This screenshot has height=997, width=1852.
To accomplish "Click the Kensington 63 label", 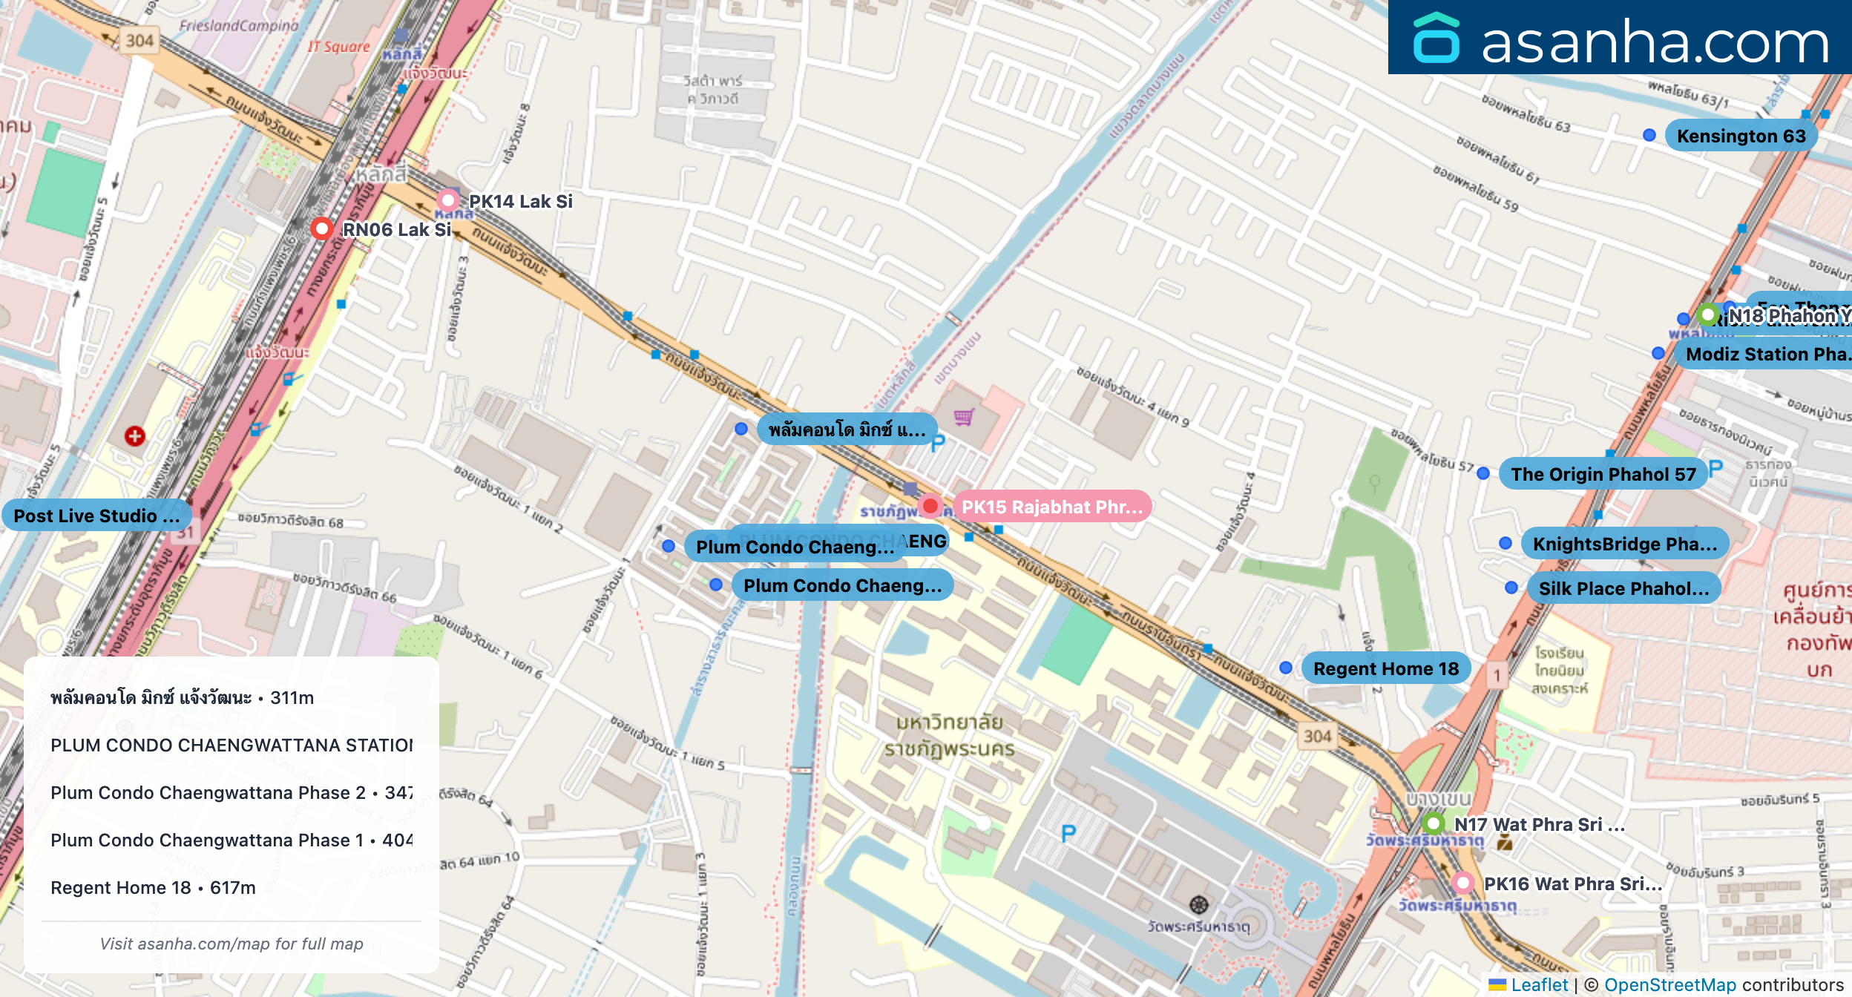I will [x=1740, y=136].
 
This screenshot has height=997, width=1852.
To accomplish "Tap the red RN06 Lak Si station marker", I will [x=321, y=228].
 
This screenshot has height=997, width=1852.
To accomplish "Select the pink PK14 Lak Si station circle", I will [x=448, y=200].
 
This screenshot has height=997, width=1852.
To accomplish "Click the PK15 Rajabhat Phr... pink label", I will [x=1051, y=507].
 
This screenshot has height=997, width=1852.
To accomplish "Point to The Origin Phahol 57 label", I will [x=1603, y=474].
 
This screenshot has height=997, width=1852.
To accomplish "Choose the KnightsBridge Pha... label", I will [x=1624, y=544].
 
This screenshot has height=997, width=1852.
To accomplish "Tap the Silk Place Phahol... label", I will [x=1623, y=588].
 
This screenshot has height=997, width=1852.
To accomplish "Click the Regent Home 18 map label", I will [x=1385, y=668].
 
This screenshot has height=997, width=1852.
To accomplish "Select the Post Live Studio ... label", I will [x=96, y=516].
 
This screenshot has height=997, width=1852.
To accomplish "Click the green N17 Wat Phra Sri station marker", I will [x=1434, y=823].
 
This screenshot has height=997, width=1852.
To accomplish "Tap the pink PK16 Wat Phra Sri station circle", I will [x=1462, y=883].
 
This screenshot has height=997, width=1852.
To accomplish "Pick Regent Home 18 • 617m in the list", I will [x=153, y=887].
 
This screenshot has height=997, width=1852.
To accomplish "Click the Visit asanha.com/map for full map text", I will [x=231, y=944].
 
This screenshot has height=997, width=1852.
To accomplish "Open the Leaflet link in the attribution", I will [x=1539, y=984].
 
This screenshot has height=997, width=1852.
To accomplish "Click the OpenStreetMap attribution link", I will [x=1669, y=984].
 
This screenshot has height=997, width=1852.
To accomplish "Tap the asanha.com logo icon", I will [x=1436, y=38].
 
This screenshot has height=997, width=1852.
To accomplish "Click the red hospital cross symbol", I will [x=134, y=436].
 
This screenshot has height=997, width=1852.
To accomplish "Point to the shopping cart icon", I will [x=964, y=418].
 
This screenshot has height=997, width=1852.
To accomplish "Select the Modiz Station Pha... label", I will [x=1766, y=354].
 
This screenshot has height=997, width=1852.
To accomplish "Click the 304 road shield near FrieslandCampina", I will [x=139, y=40].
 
